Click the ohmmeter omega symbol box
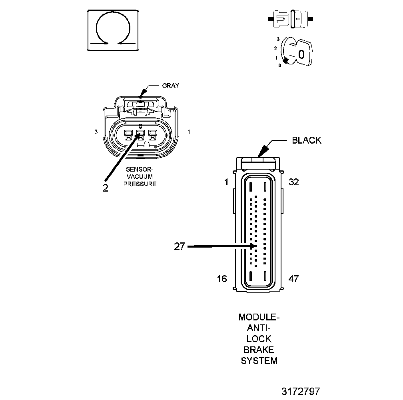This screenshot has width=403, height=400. (113, 30)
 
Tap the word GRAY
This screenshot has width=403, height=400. (170, 85)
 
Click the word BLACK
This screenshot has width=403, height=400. (307, 140)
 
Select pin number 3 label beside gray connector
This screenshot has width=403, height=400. (96, 132)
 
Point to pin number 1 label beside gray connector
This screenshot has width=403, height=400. (189, 132)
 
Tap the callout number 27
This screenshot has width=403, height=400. (180, 246)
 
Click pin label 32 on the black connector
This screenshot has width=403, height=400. (294, 182)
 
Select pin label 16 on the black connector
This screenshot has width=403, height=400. (222, 279)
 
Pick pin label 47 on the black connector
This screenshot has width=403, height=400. (293, 279)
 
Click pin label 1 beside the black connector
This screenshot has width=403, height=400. (226, 182)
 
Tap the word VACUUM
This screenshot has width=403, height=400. (140, 177)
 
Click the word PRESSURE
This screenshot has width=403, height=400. (140, 184)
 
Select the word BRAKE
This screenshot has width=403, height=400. (259, 350)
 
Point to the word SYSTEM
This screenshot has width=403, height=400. (259, 360)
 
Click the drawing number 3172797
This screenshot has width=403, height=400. (300, 391)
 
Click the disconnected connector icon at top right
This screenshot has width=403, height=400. (291, 19)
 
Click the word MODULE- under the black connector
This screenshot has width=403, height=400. (259, 317)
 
